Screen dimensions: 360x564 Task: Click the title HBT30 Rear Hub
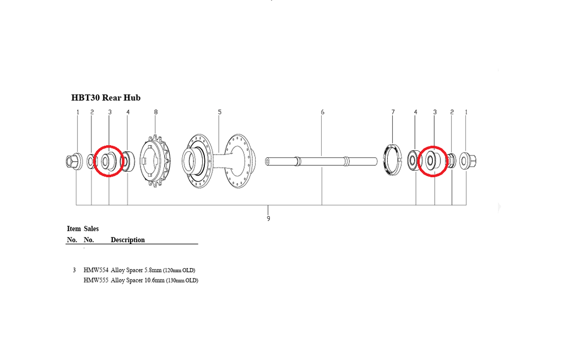106,98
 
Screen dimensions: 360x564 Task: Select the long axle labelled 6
322,161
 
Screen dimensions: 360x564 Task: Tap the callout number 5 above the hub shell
219,112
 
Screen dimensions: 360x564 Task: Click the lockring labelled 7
393,159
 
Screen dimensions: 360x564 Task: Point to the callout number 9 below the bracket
268,219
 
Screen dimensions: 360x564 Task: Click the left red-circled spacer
109,161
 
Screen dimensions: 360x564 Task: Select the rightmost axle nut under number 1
468,161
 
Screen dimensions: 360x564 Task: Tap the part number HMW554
96,270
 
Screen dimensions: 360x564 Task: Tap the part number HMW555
96,280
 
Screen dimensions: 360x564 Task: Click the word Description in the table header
128,240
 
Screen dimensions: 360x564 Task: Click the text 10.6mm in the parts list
154,280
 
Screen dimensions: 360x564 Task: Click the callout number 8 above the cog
156,112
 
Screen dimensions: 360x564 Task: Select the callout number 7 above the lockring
393,112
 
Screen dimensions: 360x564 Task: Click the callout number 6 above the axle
322,112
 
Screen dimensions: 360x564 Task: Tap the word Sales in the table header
91,228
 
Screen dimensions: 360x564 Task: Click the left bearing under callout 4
127,161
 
